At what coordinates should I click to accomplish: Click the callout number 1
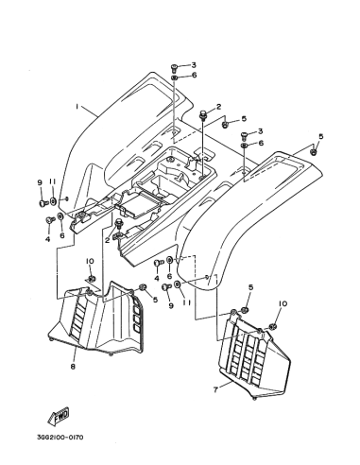(x=77, y=107)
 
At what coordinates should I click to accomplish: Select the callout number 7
(x=215, y=389)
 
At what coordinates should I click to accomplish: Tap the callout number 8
(x=73, y=367)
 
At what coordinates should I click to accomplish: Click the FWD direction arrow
(x=59, y=417)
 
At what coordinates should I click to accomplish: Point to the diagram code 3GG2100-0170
(x=60, y=438)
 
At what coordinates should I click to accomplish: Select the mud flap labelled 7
(x=256, y=355)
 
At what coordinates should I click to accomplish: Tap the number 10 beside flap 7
(x=283, y=303)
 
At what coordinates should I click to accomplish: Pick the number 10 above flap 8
(x=90, y=261)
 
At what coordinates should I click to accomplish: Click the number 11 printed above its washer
(x=52, y=181)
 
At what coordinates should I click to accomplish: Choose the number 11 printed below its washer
(x=186, y=302)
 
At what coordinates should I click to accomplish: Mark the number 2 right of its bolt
(x=219, y=107)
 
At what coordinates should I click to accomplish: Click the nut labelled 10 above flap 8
(x=92, y=279)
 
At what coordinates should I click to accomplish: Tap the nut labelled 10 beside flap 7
(x=273, y=326)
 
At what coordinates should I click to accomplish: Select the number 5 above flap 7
(x=251, y=287)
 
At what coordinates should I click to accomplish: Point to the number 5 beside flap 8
(x=155, y=300)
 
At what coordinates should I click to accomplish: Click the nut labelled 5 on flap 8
(x=142, y=287)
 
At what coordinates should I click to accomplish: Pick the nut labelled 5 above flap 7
(x=244, y=310)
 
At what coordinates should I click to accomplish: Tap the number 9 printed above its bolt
(x=40, y=182)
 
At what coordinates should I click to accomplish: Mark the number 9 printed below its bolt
(x=171, y=305)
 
